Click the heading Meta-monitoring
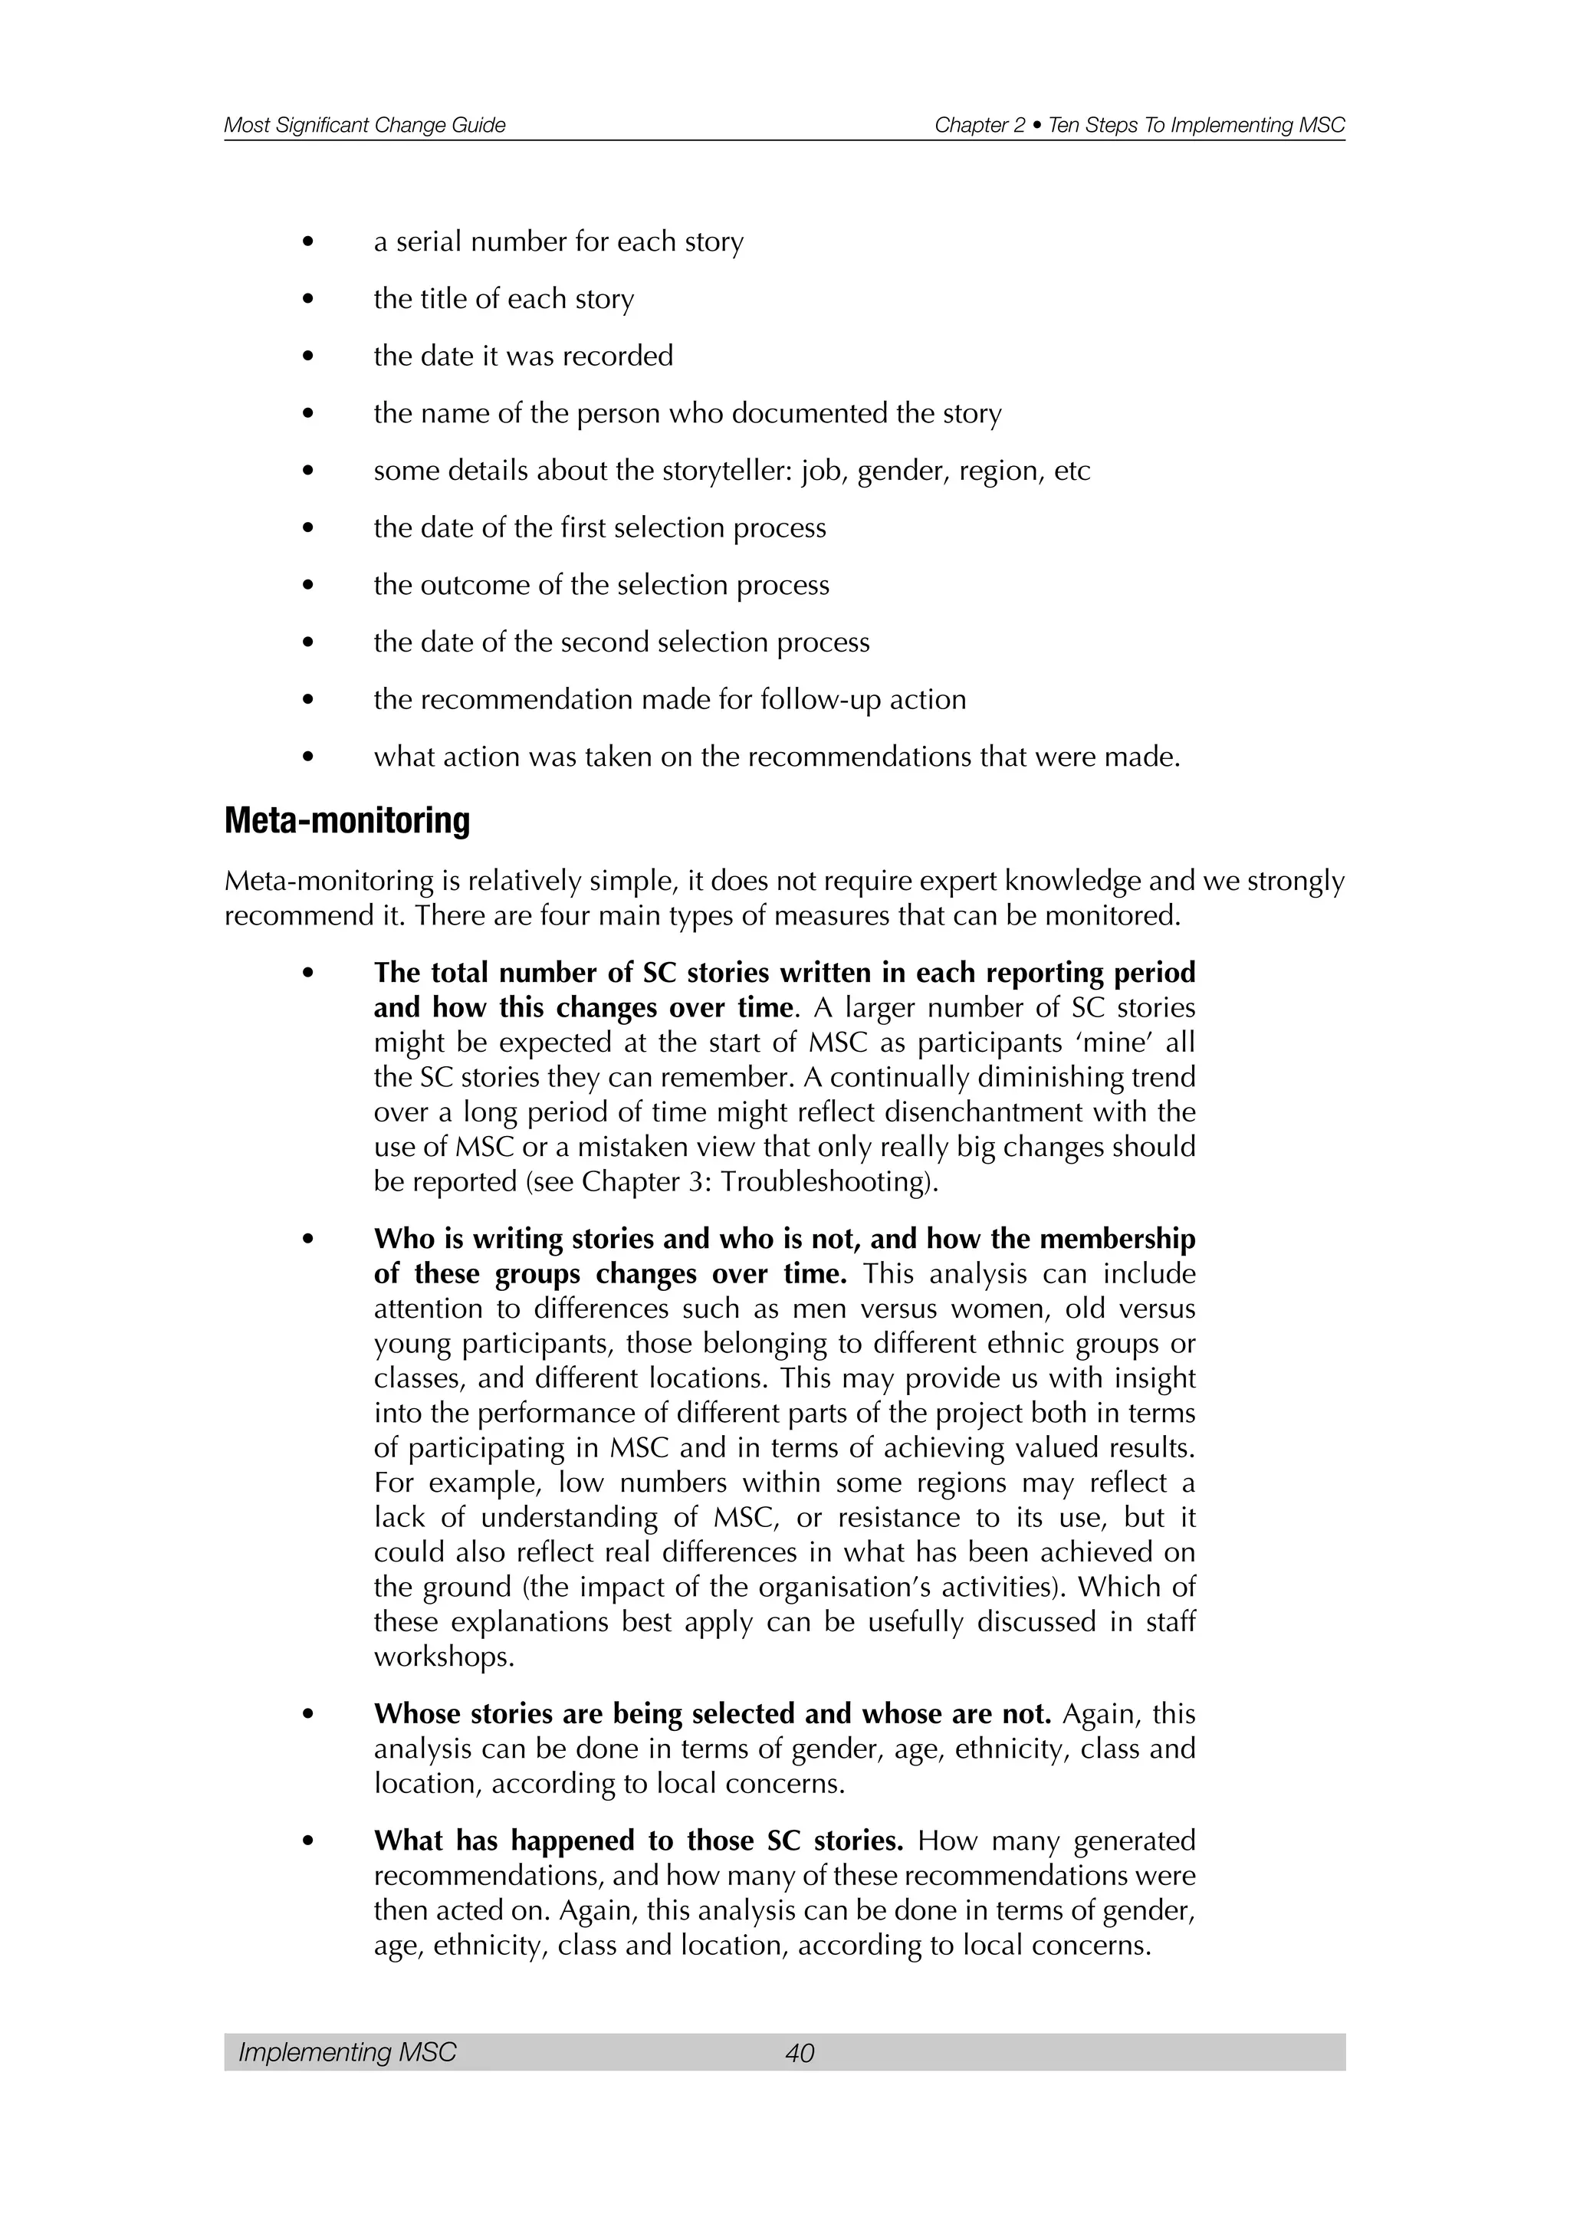347,821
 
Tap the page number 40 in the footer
800,2052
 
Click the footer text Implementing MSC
347,2052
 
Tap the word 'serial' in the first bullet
429,241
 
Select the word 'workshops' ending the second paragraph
443,1657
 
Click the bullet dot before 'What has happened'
308,1842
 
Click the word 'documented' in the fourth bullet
810,414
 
